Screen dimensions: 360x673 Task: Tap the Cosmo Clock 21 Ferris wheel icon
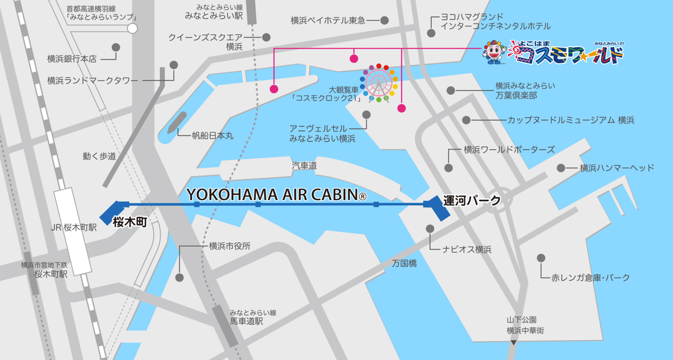click(380, 83)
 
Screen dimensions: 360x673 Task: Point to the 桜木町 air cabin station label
click(130, 222)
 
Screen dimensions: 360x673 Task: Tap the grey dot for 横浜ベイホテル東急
click(385, 21)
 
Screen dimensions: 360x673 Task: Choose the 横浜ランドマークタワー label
click(93, 81)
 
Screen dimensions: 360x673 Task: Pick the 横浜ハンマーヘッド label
click(617, 168)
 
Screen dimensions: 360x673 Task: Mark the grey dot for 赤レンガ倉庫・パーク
click(541, 257)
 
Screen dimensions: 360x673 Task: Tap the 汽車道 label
click(305, 166)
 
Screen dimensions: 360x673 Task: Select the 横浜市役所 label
click(229, 246)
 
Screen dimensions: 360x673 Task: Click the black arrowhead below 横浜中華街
click(514, 341)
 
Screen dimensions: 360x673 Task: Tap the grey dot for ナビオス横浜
click(430, 229)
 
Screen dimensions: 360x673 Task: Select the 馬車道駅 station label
click(247, 322)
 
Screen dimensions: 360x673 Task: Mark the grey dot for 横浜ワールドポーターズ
click(448, 168)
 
